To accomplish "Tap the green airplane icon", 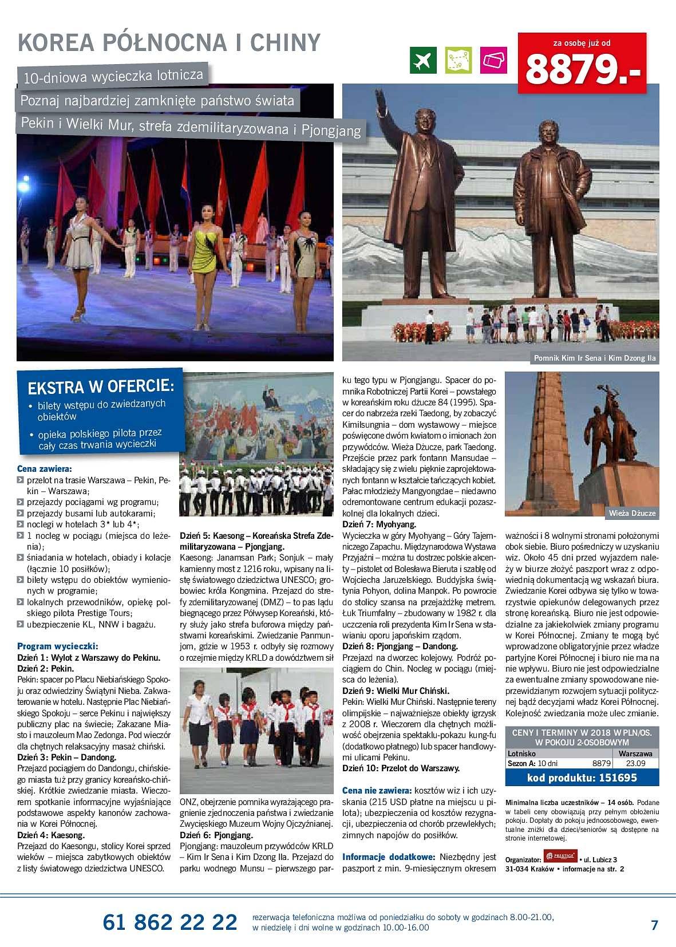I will pos(423,60).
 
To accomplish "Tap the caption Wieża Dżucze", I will pos(632,512).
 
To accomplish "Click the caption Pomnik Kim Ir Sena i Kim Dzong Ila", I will pos(595,358).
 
